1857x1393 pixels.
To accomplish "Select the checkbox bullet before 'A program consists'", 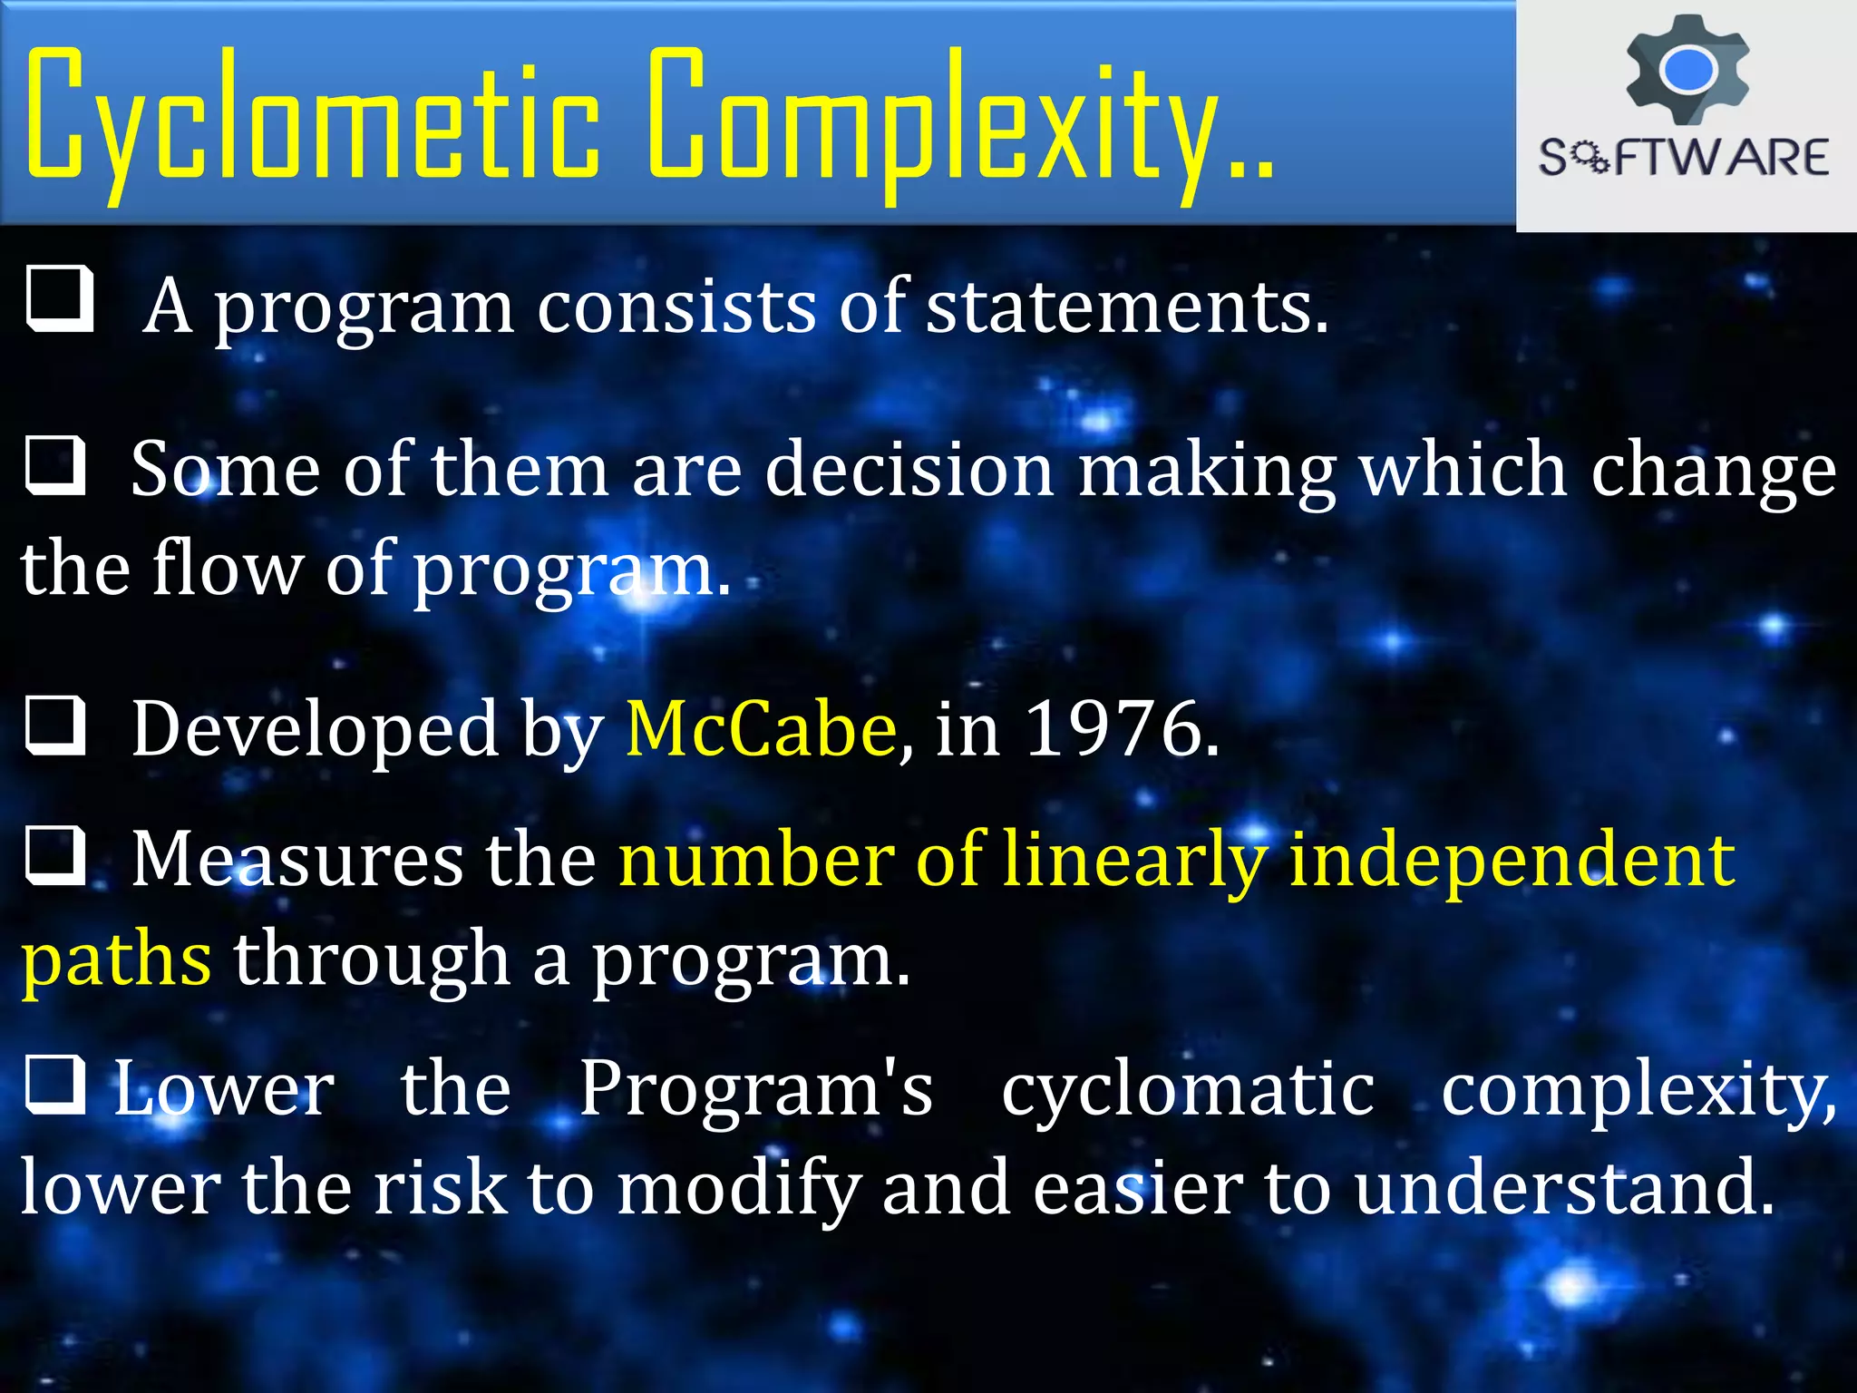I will (x=60, y=298).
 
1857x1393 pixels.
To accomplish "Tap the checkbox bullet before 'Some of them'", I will (x=56, y=466).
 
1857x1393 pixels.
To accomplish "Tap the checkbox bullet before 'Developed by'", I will (x=56, y=726).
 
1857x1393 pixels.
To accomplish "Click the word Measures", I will (x=297, y=860).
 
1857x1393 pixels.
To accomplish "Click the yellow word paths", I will (x=117, y=960).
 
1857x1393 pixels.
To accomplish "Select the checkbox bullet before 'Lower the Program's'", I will (x=56, y=1085).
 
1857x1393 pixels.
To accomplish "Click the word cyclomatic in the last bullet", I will (x=1188, y=1088).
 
